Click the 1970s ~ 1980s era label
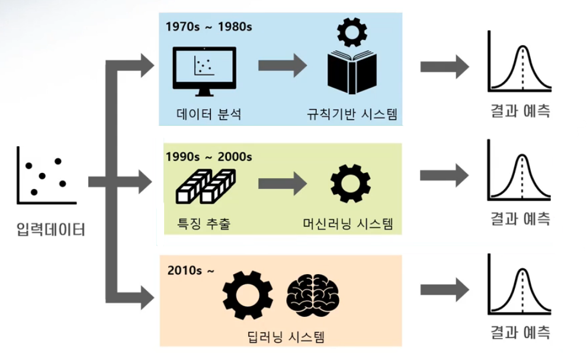(x=209, y=27)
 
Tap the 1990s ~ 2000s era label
(x=209, y=157)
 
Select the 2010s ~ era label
(x=191, y=271)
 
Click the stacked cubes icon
(x=206, y=187)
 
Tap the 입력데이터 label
(x=51, y=229)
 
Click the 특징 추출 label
(x=203, y=224)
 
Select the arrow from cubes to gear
(x=282, y=182)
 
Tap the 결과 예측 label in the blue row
(x=520, y=111)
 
